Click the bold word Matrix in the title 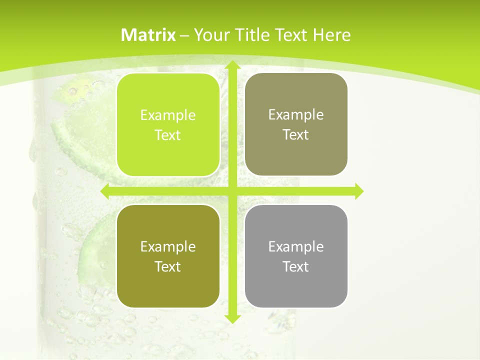[148, 35]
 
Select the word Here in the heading [331, 35]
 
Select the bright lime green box [168, 125]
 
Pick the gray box [296, 256]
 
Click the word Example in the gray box [296, 246]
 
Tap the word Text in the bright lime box [168, 135]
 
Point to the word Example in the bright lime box [168, 115]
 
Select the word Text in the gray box [296, 266]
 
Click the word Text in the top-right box [296, 135]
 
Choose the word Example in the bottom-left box [168, 246]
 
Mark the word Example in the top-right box [296, 115]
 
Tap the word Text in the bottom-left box [168, 266]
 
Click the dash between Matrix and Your [184, 35]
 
